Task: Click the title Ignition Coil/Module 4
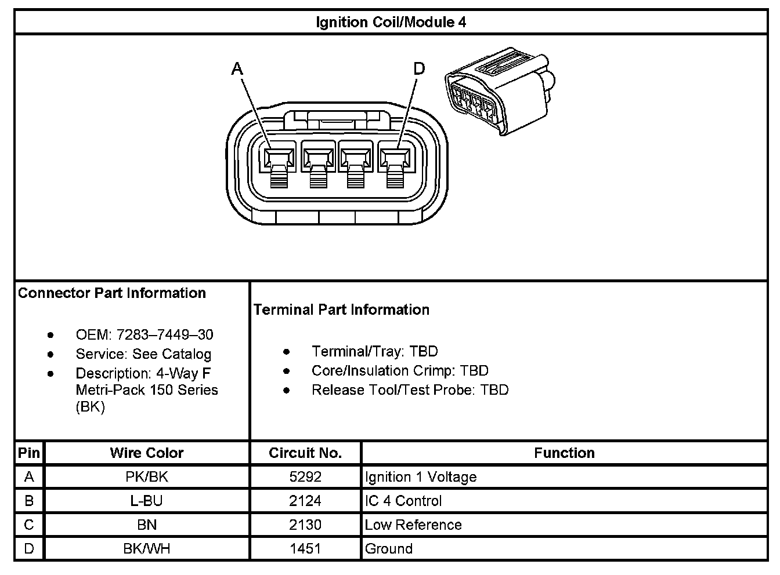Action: pos(391,22)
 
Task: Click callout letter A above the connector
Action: pos(237,69)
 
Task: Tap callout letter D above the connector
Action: pos(419,69)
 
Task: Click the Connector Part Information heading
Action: pos(112,293)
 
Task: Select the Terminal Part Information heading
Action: pos(341,310)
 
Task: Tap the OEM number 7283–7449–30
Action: pos(165,334)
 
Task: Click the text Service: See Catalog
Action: pos(143,354)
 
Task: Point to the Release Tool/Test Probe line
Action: pos(410,390)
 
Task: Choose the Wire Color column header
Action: pos(147,453)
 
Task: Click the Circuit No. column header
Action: pos(305,453)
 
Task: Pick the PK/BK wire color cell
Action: pos(147,476)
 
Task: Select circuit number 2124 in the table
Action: pos(305,500)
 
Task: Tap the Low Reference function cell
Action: pos(413,525)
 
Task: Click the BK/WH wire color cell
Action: pos(147,548)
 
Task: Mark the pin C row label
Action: pos(29,525)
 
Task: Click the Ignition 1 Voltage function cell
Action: pos(421,476)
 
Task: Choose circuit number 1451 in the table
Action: pos(305,548)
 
